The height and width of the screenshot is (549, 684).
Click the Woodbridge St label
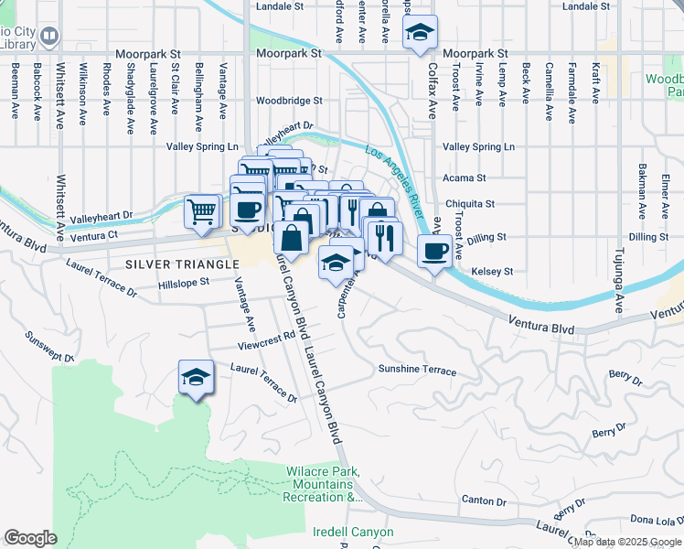(289, 101)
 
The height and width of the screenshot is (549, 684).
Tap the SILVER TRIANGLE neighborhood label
(170, 264)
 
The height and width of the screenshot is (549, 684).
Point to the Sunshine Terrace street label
(417, 370)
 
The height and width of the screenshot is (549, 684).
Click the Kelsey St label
(491, 272)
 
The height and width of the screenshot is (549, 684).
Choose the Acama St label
(464, 178)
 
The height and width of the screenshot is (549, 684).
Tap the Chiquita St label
(469, 204)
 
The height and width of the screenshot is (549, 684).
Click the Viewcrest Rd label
(266, 346)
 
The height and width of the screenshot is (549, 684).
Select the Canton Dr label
(484, 501)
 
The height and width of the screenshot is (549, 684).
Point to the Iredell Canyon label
(352, 532)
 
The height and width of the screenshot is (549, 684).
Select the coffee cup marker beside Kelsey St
(433, 250)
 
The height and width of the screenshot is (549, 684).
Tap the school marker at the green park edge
(196, 378)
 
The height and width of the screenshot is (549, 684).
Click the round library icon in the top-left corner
(49, 38)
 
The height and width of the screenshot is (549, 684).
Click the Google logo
(30, 538)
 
